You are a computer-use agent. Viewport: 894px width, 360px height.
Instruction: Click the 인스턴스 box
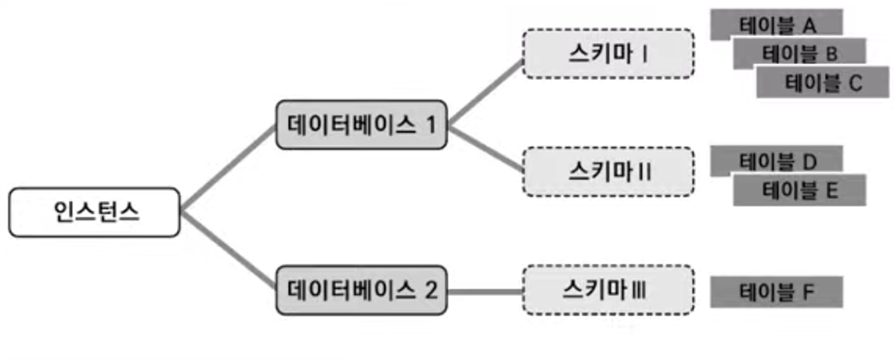pos(95,212)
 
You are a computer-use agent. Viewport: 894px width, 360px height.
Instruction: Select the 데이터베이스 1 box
pos(362,124)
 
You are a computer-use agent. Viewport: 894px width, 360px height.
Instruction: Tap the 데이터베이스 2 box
pos(362,290)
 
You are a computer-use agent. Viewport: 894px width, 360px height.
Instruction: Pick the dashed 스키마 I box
pos(607,53)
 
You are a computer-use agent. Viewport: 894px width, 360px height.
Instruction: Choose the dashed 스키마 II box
pos(607,170)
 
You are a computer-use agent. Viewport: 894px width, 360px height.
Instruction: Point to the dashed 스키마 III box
pos(607,290)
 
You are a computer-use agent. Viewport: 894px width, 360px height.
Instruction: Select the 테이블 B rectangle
pos(798,52)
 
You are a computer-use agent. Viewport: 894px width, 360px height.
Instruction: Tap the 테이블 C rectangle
pos(822,82)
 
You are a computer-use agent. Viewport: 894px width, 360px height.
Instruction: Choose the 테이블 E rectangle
pos(798,190)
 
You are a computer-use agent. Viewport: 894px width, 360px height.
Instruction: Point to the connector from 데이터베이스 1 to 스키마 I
pos(485,90)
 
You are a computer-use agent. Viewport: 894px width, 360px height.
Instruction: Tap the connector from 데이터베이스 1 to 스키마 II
pos(485,149)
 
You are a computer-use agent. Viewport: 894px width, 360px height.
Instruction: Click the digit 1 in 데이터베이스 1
pos(430,124)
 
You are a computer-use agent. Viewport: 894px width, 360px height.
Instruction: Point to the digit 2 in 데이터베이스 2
pos(431,290)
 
